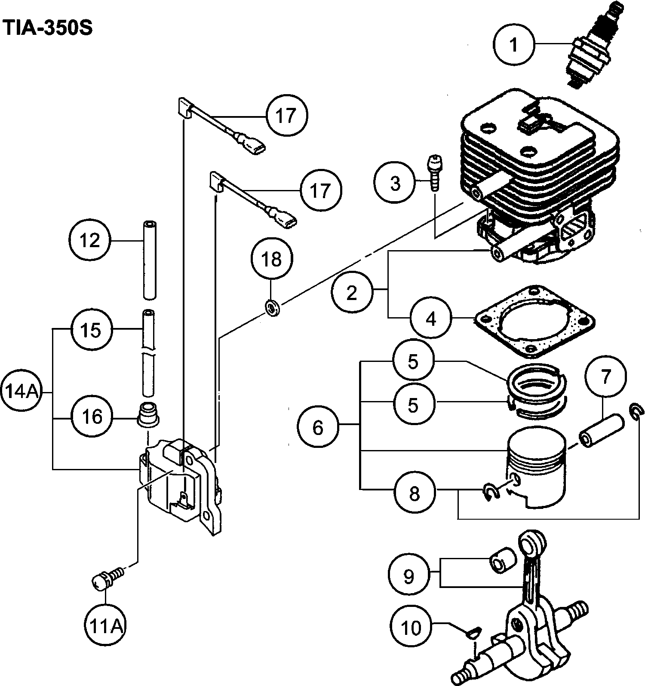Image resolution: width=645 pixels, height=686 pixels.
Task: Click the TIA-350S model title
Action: [x=47, y=29]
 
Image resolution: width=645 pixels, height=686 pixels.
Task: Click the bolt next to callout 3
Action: [x=435, y=172]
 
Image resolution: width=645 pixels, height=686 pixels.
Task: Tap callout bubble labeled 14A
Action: [x=21, y=392]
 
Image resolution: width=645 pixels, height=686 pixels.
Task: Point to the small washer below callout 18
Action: [x=272, y=308]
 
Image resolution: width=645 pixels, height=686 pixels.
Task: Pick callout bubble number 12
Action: [x=90, y=240]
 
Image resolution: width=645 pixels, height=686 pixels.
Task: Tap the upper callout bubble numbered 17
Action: [x=286, y=116]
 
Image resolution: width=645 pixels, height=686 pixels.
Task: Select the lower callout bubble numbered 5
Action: [x=413, y=404]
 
